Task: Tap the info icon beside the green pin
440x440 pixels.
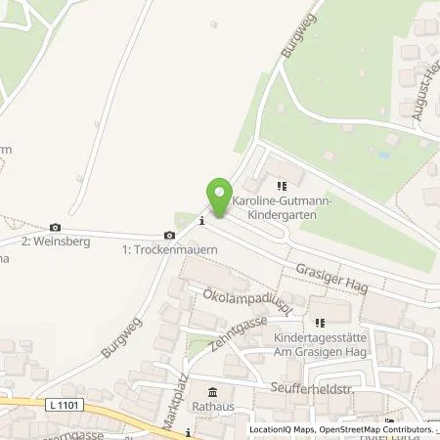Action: click(201, 220)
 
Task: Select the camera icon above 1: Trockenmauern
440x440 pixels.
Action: click(170, 235)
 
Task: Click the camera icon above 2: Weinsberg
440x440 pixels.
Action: click(55, 228)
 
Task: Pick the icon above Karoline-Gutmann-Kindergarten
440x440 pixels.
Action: click(283, 186)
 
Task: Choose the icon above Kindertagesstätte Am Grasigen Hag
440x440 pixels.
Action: click(317, 322)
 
